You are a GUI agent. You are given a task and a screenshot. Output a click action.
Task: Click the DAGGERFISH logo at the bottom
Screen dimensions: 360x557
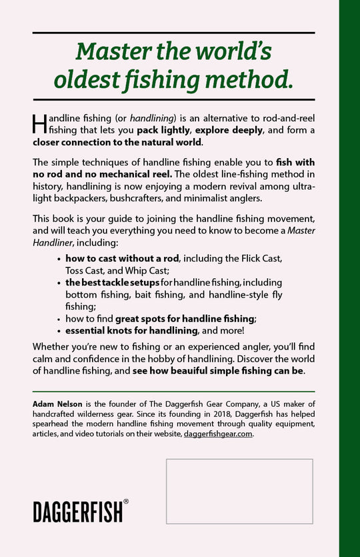77,512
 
